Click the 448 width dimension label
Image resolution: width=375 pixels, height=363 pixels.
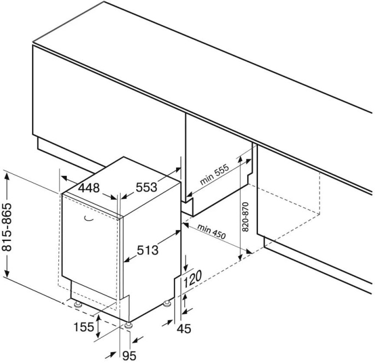coord(89,188)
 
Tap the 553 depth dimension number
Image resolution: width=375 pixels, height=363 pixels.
coord(146,187)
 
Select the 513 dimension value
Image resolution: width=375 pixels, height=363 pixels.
coord(147,251)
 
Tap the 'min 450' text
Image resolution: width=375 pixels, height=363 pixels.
coord(212,231)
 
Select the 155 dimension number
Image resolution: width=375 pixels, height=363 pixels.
coord(83,327)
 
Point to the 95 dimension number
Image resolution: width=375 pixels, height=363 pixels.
coord(128,356)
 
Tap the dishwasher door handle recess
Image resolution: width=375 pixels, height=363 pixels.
coord(87,219)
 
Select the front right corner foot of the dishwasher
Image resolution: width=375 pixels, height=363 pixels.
coord(128,326)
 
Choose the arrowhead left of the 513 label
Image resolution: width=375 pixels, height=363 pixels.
coord(126,259)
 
